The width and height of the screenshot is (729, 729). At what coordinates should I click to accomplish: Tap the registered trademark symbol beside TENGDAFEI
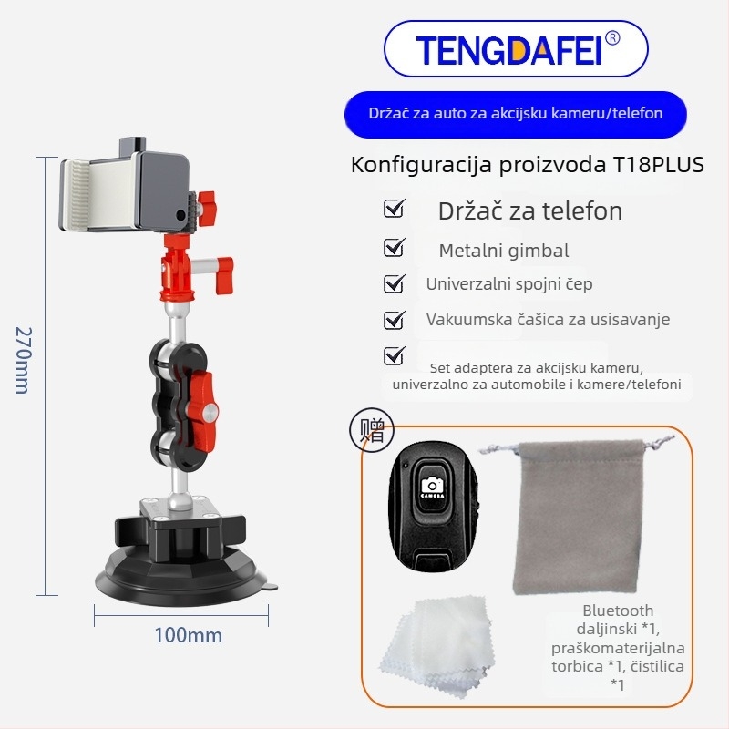click(612, 38)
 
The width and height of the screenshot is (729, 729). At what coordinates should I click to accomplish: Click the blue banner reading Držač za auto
click(515, 114)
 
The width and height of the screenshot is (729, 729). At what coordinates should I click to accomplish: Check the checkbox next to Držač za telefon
click(394, 210)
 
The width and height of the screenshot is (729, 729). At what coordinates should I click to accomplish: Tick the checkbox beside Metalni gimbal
click(394, 247)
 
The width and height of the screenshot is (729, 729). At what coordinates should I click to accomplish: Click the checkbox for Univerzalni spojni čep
click(394, 283)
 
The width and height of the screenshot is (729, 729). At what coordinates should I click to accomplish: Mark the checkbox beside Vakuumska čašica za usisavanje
click(394, 320)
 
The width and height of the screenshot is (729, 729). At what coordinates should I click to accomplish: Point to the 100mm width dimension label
click(188, 635)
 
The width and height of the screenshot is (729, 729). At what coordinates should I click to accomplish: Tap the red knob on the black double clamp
click(203, 398)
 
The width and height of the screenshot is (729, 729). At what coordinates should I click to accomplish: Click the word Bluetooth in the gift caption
click(618, 611)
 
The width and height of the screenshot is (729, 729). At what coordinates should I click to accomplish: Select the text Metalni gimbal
click(503, 251)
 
